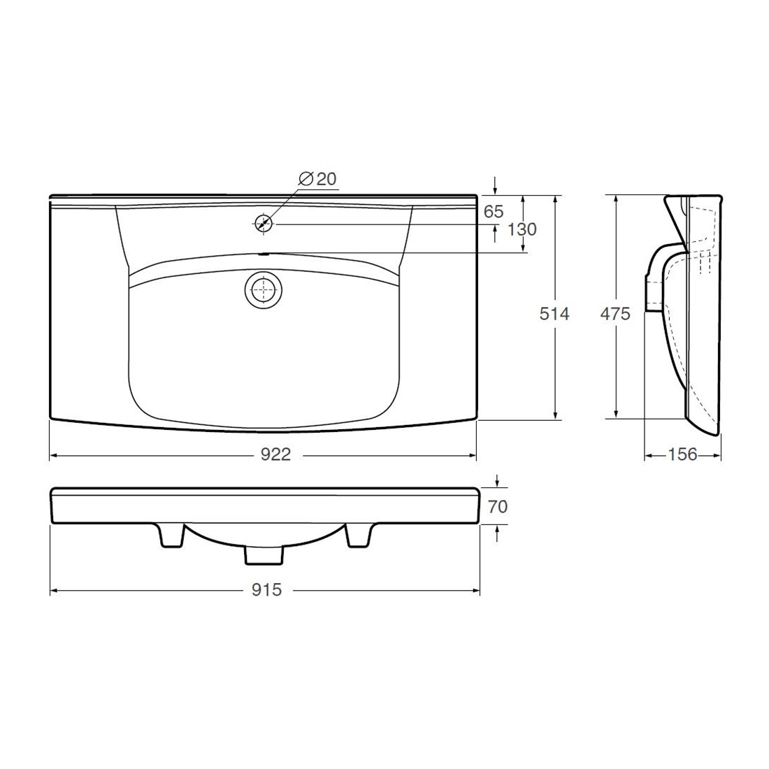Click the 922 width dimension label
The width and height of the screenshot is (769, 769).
[275, 454]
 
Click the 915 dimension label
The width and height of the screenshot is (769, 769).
[267, 589]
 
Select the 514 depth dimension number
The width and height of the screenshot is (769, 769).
[554, 313]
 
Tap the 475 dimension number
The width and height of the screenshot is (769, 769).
[615, 313]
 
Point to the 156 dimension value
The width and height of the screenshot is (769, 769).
[682, 454]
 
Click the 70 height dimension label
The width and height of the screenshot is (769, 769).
[497, 506]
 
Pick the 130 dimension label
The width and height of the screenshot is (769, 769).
[522, 229]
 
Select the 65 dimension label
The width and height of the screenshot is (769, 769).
[494, 211]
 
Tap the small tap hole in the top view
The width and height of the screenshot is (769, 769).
[264, 224]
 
